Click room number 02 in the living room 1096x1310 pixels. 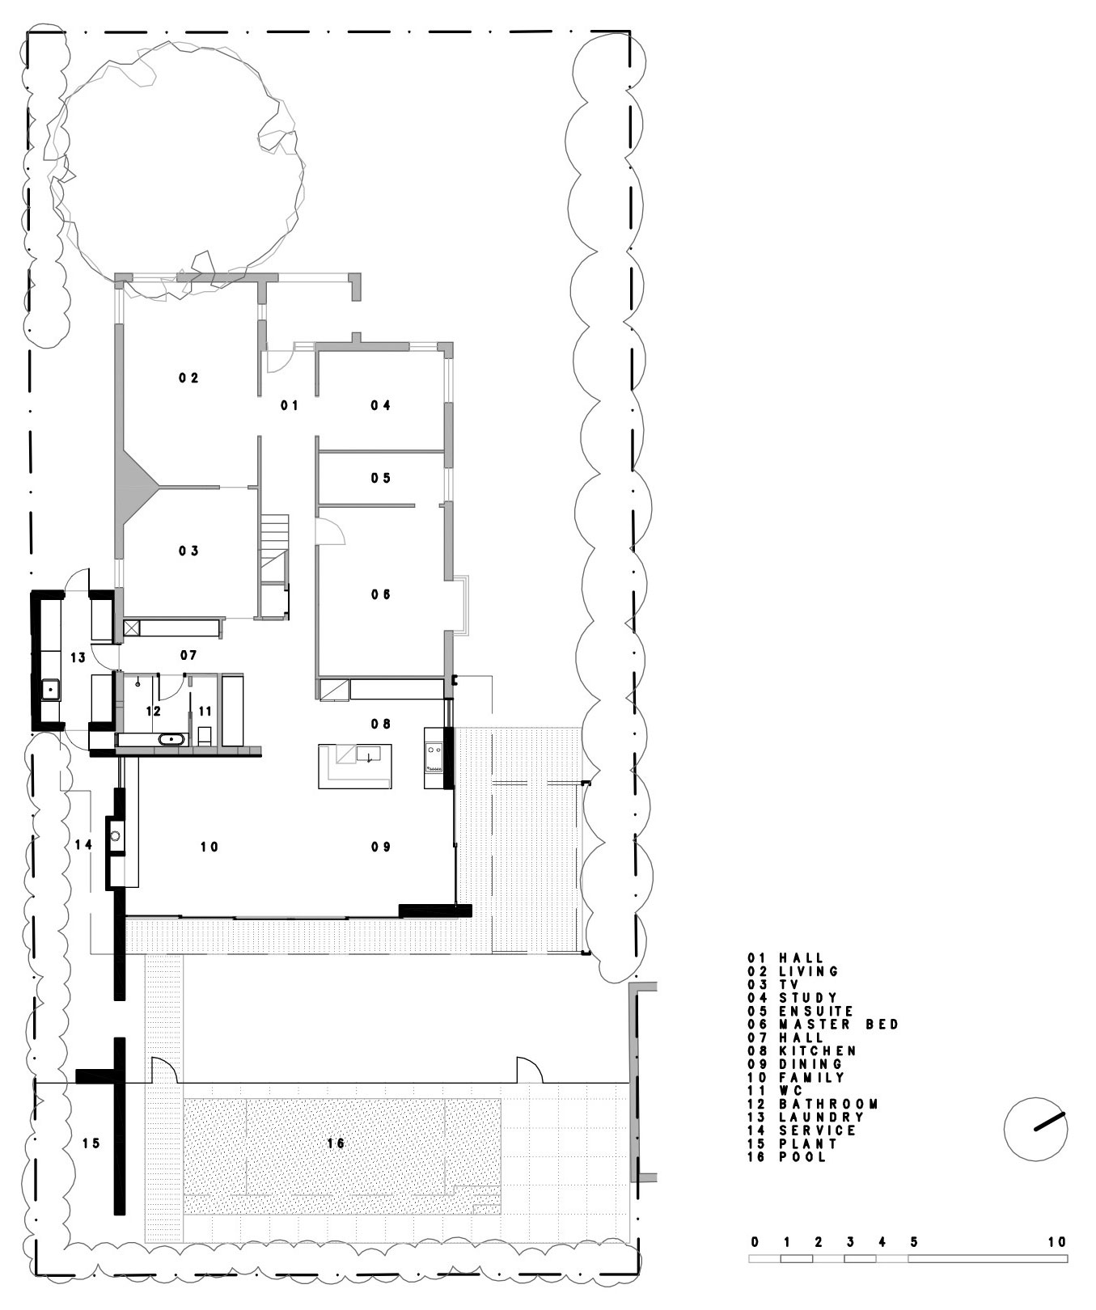click(189, 378)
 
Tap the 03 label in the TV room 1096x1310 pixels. click(189, 551)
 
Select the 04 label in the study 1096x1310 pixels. click(381, 405)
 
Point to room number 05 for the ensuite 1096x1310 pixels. click(381, 478)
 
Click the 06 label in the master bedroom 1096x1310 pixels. click(381, 594)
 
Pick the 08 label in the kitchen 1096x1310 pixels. click(381, 724)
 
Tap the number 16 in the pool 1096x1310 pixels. click(336, 1143)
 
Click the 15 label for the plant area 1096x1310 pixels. click(91, 1143)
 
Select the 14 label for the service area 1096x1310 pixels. click(83, 845)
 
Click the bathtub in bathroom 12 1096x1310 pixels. click(171, 739)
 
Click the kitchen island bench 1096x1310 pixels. click(355, 766)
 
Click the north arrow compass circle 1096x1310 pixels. click(1035, 1130)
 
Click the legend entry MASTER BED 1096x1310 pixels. click(839, 1024)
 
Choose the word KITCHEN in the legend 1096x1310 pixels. click(818, 1050)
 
